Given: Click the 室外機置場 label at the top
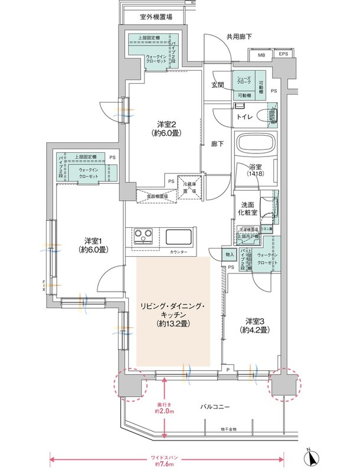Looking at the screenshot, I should (156, 17).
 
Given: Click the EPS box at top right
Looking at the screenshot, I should (283, 56).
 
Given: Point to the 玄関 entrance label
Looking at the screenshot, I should (217, 85).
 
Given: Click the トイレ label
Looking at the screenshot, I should (246, 117).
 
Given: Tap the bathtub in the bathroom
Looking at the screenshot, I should (255, 143).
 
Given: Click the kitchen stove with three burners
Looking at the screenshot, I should (143, 236).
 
